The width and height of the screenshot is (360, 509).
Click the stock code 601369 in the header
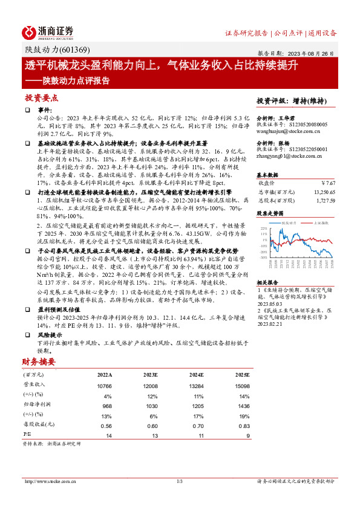coord(62,50)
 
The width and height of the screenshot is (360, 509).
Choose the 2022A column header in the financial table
coord(104,375)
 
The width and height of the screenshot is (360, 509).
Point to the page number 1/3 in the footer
coord(180,481)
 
